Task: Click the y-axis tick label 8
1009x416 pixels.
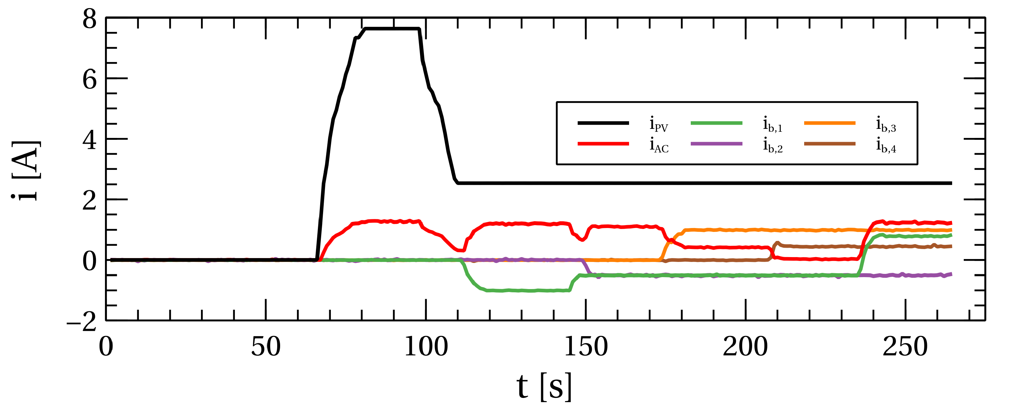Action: pos(89,20)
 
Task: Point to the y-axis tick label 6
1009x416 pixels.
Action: pos(89,80)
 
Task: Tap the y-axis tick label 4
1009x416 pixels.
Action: pos(89,140)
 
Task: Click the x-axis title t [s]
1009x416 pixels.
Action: pos(544,387)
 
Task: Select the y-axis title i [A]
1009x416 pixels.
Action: pos(26,171)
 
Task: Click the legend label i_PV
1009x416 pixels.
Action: pos(659,124)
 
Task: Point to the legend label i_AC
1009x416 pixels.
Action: pos(659,145)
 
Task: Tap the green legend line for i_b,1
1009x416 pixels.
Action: pos(716,123)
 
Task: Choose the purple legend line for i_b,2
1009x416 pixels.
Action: pos(716,144)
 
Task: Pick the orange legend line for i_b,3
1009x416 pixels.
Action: pos(830,123)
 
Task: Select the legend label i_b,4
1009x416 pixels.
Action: pos(886,145)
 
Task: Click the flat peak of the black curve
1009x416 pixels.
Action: pos(392,29)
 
